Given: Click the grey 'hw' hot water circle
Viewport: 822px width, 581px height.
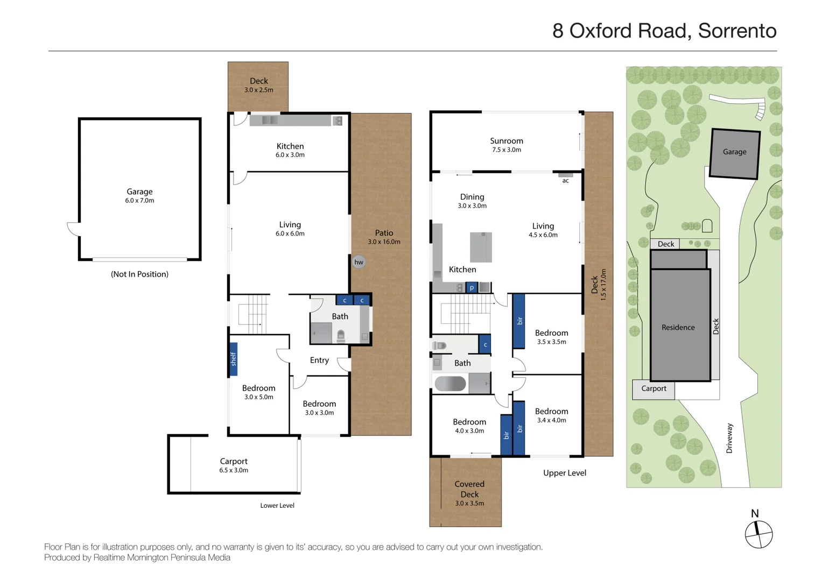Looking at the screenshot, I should tap(359, 262).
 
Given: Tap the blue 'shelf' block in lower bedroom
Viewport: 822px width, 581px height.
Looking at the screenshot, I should tap(234, 359).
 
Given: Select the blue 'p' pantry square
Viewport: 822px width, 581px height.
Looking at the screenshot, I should tap(472, 288).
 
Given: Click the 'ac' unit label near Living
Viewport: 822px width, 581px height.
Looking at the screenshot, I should tap(565, 181).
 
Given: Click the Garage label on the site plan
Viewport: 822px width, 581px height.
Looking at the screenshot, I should tap(734, 152).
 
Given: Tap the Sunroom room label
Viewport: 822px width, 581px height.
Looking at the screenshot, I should tap(506, 141).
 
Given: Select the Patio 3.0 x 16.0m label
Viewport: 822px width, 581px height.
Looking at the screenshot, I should tap(384, 237).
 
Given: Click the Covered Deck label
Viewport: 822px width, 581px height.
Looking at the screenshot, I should tap(469, 489).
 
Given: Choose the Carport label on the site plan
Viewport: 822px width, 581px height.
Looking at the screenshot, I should tap(654, 388).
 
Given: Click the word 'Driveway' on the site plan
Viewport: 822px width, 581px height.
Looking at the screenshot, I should tap(729, 438).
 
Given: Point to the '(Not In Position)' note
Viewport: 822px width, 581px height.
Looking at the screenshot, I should tap(139, 274).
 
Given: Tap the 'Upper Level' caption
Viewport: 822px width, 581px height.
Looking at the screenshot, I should tap(564, 473).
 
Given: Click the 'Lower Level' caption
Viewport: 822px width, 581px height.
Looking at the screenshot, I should tap(277, 506).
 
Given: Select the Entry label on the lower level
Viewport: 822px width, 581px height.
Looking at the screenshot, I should tap(319, 360).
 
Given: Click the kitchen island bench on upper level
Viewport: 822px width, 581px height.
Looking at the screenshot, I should tap(481, 247).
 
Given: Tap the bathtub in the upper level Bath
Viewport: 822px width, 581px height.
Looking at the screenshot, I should tap(450, 384).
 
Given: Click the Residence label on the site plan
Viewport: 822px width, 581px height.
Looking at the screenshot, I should tap(678, 328).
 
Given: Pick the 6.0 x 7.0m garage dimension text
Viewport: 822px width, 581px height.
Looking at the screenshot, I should tap(139, 201).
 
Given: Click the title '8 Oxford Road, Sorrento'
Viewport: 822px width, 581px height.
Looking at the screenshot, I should tap(664, 31).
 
